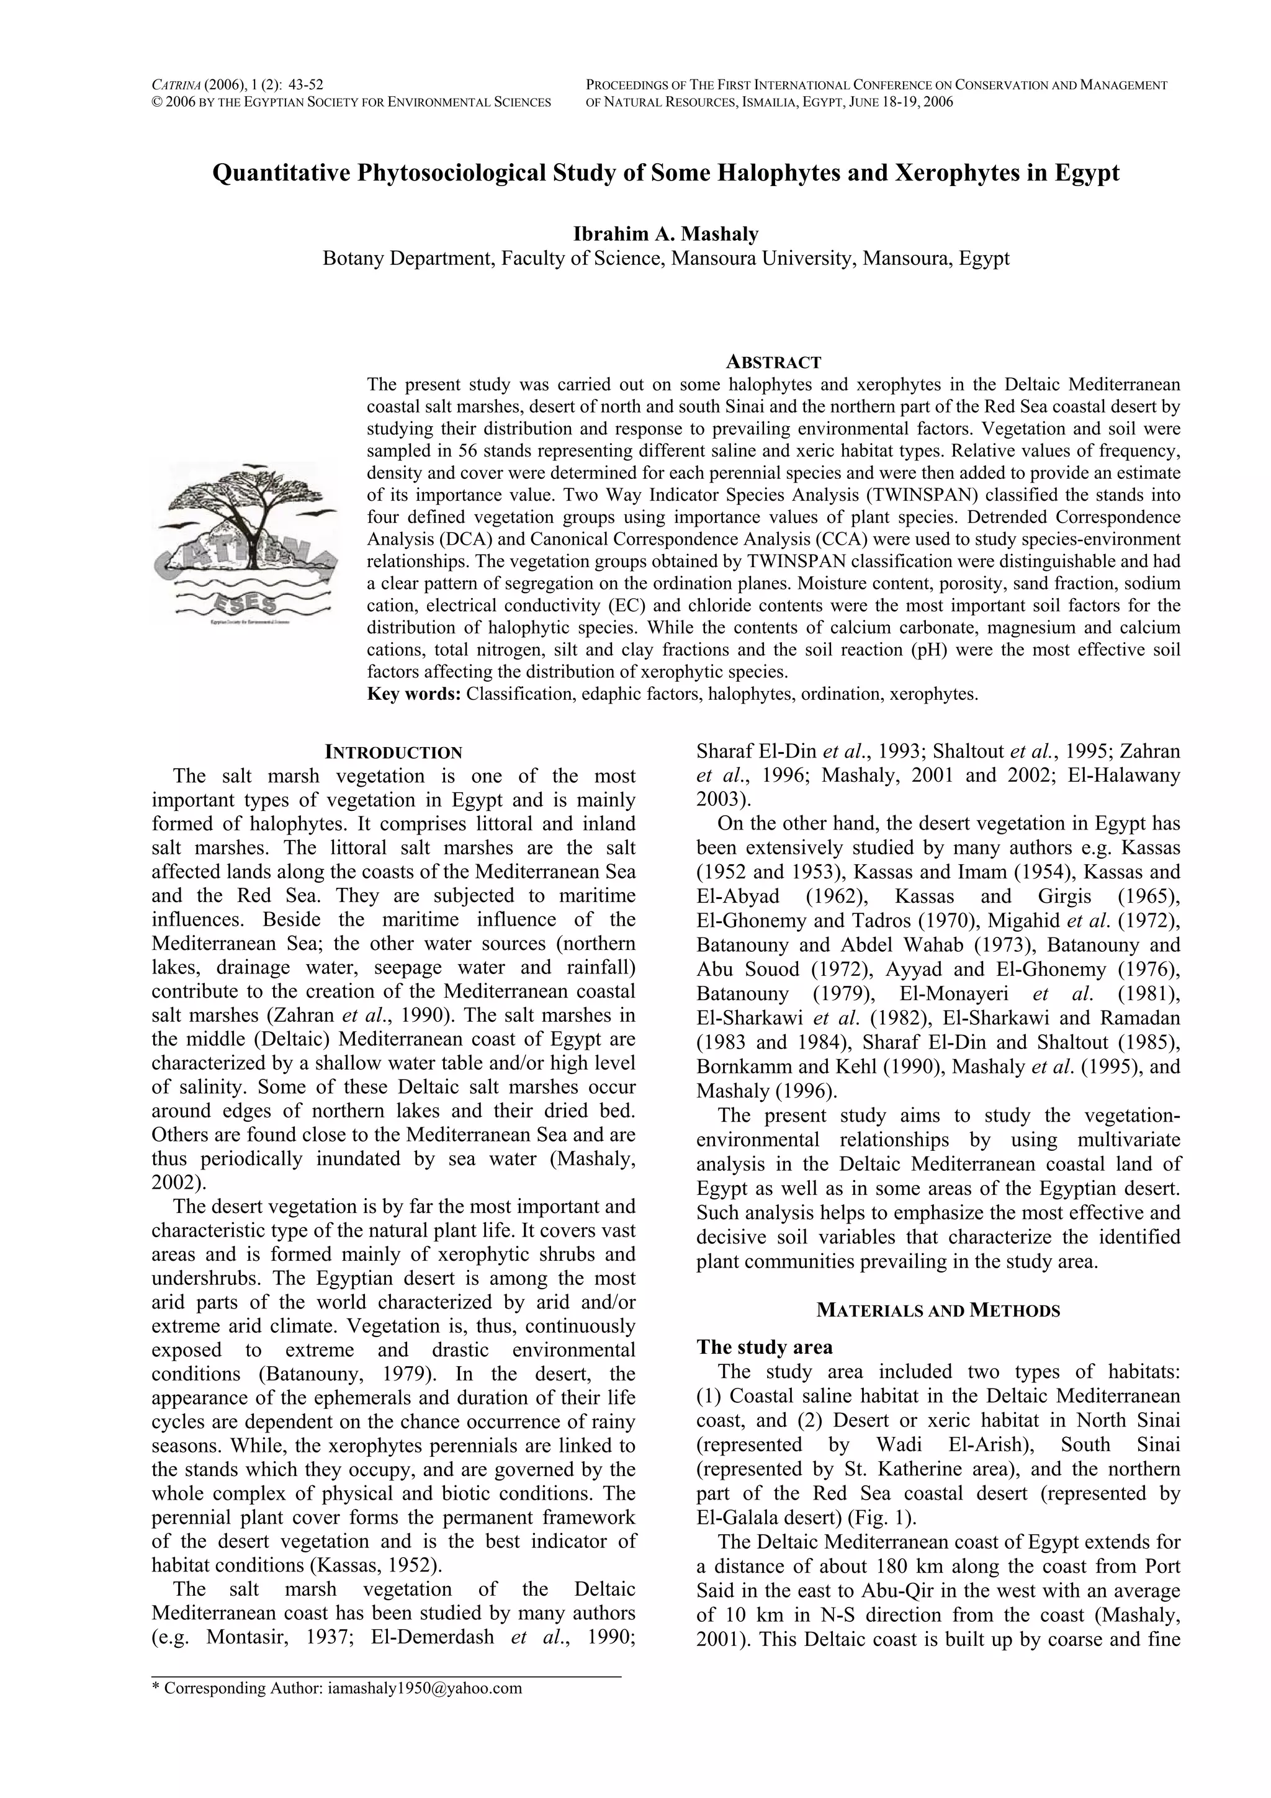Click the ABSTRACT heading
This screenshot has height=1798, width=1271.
click(x=773, y=362)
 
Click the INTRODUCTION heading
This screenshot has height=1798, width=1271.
click(x=393, y=753)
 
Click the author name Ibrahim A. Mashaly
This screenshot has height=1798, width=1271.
click(x=666, y=233)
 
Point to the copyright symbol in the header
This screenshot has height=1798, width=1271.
click(x=156, y=102)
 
